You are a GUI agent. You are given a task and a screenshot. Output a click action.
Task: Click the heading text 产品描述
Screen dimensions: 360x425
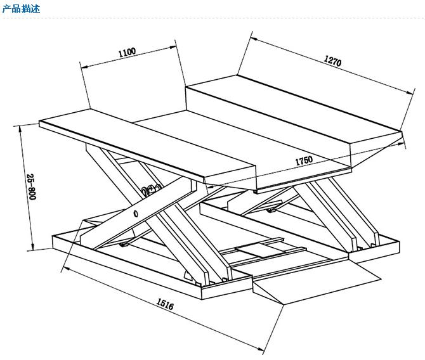(x=22, y=9)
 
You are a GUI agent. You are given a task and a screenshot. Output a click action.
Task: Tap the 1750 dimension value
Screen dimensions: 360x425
(x=304, y=161)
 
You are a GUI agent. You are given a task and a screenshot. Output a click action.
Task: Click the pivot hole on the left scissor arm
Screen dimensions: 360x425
(x=135, y=214)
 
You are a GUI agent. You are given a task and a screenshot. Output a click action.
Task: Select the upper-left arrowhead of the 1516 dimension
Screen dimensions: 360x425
(x=63, y=269)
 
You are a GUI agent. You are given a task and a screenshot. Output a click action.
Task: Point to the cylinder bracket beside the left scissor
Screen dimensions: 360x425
(x=151, y=190)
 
